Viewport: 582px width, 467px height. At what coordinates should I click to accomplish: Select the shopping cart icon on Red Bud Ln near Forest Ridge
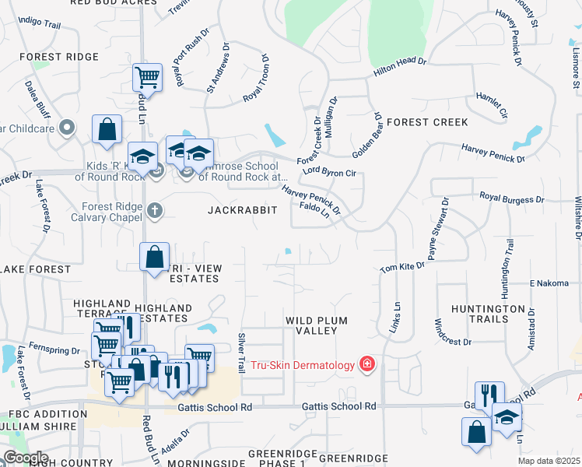click(147, 77)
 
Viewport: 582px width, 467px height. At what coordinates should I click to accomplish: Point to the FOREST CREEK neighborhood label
click(427, 122)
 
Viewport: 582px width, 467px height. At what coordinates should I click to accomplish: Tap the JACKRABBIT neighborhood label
click(242, 210)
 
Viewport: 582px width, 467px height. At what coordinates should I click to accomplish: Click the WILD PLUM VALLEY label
click(316, 325)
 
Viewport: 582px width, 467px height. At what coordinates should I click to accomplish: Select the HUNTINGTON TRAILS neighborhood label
click(487, 314)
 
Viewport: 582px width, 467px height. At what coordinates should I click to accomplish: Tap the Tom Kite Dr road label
click(401, 268)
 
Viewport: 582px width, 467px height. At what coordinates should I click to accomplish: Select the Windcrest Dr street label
click(453, 341)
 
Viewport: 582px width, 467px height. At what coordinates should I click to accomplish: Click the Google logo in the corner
click(25, 458)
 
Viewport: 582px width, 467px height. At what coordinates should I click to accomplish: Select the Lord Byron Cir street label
click(328, 171)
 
